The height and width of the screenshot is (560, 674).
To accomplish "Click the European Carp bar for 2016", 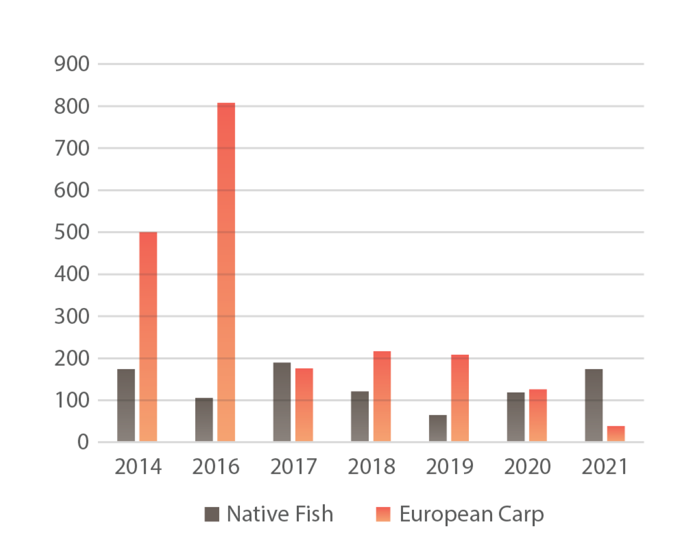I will [226, 272].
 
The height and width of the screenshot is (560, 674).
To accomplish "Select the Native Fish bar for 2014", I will [126, 405].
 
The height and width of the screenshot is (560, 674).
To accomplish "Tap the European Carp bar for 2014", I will [148, 337].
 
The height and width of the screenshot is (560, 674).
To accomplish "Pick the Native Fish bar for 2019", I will [438, 428].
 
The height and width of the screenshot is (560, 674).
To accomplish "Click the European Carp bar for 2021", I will [616, 434].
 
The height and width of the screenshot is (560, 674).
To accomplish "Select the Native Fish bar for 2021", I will [594, 405].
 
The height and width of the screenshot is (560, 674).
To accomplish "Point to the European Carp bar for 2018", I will [382, 397].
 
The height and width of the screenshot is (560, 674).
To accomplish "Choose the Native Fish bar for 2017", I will [282, 402].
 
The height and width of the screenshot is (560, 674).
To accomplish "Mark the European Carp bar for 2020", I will [538, 415].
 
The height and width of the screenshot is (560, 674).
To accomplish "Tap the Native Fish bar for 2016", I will [204, 419].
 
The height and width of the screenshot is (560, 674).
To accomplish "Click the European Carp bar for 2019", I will [460, 398].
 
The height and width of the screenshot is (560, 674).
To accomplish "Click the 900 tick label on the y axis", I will [71, 64].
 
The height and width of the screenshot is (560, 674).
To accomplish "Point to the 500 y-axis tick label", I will [71, 232].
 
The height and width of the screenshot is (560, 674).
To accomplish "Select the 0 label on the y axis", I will [83, 442].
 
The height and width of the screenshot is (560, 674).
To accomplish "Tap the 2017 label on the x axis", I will [294, 467].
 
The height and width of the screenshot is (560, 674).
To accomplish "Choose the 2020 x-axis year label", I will [527, 467].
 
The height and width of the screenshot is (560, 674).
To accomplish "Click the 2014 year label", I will [138, 467].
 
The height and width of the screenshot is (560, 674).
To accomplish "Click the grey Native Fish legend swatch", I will [212, 514].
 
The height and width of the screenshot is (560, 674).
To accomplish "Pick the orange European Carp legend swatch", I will [383, 514].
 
